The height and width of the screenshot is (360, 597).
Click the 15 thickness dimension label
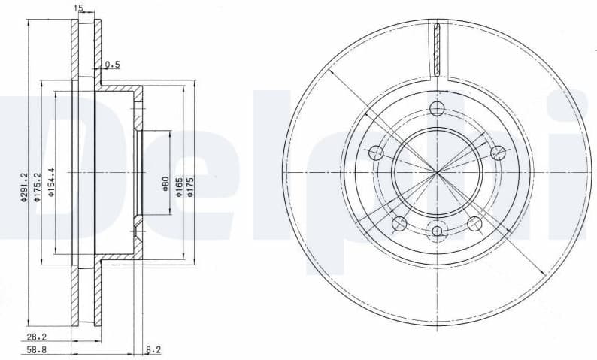pos(78,8)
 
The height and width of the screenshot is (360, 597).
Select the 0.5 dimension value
pos(112,64)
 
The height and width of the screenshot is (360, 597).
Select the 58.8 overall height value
pos(35,351)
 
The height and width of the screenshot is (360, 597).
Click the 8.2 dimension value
pos(153,350)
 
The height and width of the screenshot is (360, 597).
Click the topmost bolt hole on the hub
pos(437,109)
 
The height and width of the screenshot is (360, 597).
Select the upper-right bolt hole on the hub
pos(497,153)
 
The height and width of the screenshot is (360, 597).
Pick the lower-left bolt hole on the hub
pos(399,223)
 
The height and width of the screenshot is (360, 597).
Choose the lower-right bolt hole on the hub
pos(474,223)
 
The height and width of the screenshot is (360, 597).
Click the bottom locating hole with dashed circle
pos(437,231)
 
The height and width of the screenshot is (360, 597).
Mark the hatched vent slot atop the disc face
pos(437,49)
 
